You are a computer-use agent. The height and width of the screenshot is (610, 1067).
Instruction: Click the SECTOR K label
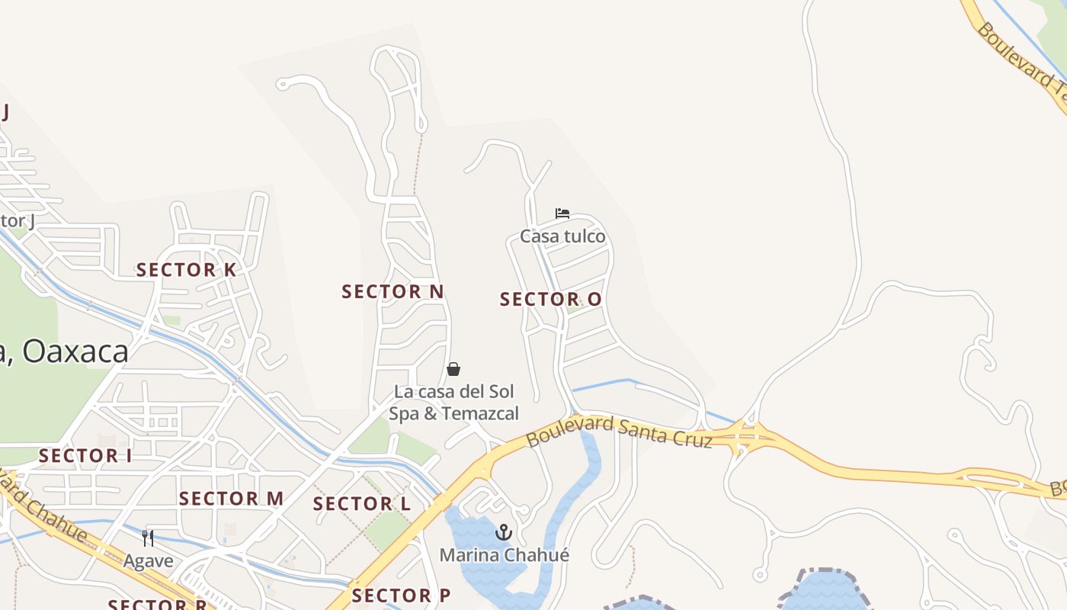coord(186,270)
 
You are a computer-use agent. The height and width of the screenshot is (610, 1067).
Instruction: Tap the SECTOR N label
coord(393,291)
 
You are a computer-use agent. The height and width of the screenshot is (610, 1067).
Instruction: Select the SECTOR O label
coord(550,300)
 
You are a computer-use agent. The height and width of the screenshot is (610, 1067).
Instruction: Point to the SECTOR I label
coord(85,456)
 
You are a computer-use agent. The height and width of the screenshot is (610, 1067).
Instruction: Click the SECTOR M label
coord(231,499)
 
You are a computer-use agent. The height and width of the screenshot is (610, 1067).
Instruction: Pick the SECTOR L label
coord(361,504)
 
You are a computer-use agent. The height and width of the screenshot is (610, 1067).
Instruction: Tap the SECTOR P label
coord(401,596)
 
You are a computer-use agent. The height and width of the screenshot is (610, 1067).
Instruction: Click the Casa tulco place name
coord(562,236)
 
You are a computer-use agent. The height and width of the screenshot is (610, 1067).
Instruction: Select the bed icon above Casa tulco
coord(562,213)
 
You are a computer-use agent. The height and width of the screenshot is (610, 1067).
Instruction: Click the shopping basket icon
coord(453,370)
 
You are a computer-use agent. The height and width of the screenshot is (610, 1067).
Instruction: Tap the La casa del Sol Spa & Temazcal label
coord(453,403)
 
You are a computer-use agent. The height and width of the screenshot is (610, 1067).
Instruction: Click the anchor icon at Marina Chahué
coord(503,532)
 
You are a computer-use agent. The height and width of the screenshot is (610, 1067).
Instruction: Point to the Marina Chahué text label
coord(504,555)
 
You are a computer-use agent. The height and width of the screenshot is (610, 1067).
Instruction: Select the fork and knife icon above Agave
coord(148,538)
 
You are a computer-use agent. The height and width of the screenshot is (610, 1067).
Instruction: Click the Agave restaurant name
coord(148,561)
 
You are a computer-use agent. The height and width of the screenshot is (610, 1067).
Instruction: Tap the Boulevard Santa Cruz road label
coord(619,432)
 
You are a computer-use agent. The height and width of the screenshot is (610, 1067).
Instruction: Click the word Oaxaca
coord(76,352)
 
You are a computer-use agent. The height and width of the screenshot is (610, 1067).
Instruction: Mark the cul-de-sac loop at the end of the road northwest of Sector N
coord(282,84)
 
